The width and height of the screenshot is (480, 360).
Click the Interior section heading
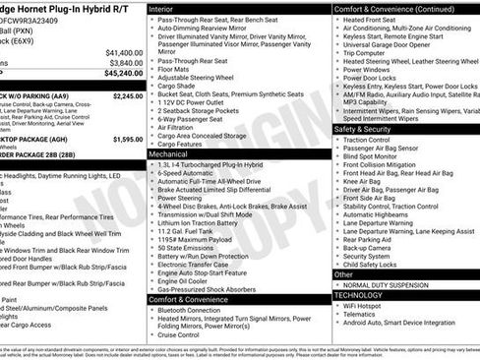pyautogui.click(x=160, y=8)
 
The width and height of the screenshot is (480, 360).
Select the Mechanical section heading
pyautogui.click(x=168, y=154)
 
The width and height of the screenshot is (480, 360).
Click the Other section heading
pyautogui.click(x=343, y=274)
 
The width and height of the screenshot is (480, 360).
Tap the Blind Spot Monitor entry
pyautogui.click(x=370, y=156)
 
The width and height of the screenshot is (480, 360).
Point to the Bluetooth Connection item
pyautogui.click(x=191, y=309)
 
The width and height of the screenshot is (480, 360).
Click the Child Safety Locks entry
pyautogui.click(x=369, y=265)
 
